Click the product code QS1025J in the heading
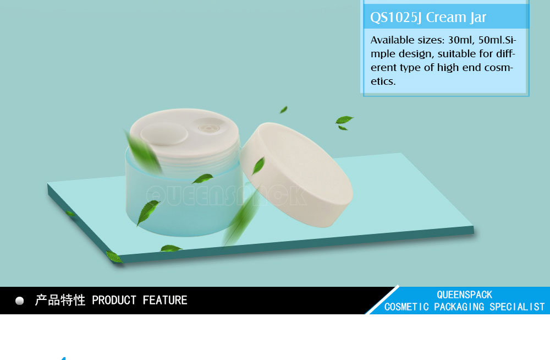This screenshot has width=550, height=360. point(396,17)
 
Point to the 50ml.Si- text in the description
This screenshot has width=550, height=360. point(497,40)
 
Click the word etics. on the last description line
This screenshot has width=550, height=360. point(383,81)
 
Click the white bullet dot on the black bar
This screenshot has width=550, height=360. point(20,301)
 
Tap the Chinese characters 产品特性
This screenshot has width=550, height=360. point(60,301)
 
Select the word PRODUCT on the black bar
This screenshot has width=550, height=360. point(114,301)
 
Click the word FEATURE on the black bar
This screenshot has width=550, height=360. point(165,301)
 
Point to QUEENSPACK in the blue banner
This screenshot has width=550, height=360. point(464,294)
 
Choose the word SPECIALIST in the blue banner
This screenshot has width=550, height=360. point(517,307)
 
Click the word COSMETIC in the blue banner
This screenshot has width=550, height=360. point(406,307)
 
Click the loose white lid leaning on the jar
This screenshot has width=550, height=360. point(296,174)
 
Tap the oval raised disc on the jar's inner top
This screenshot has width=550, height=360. point(164,134)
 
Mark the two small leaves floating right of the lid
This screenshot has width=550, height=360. point(344,122)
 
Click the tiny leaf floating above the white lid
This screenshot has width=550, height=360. point(283,110)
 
